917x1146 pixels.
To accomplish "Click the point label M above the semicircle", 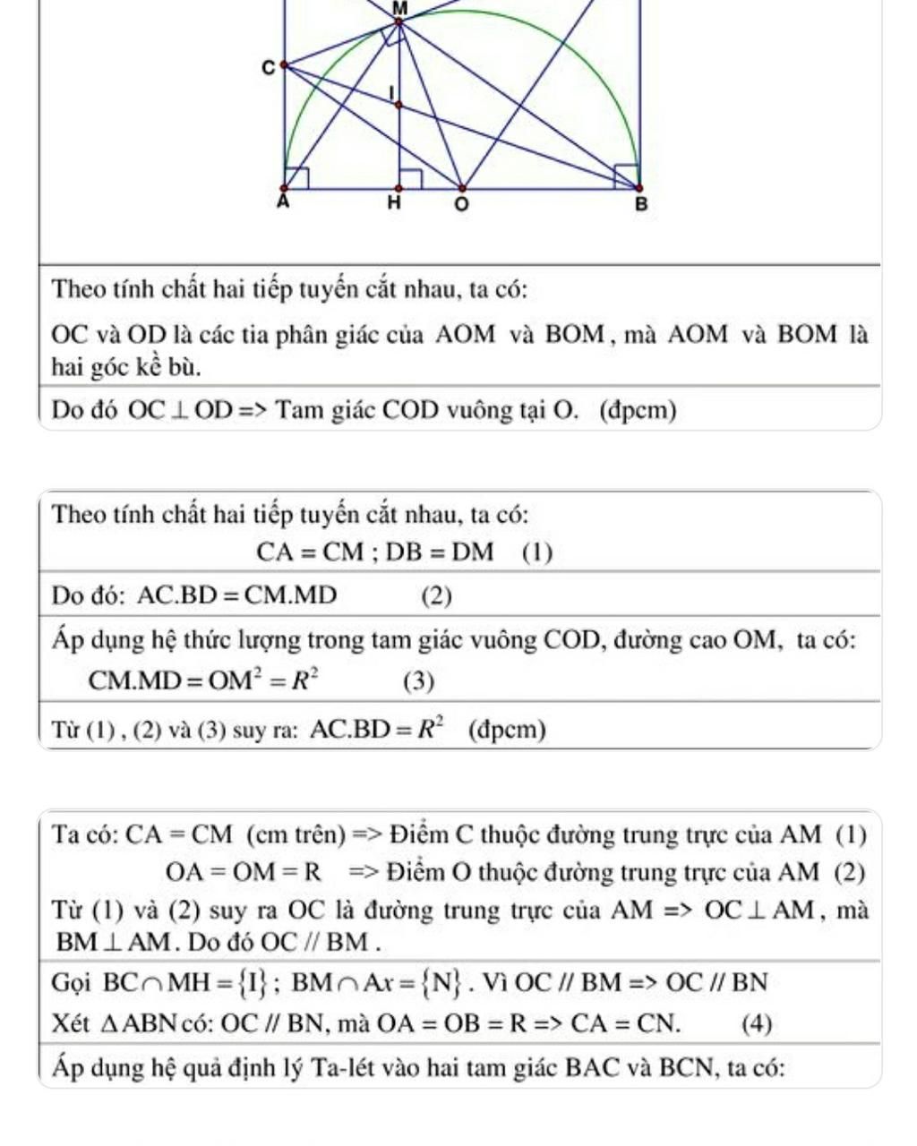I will point(399,7).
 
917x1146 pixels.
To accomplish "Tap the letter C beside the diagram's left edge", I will point(266,68).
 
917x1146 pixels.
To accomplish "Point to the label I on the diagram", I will point(391,93).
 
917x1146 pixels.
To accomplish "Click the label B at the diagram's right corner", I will point(639,205).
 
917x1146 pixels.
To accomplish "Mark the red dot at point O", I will point(462,189).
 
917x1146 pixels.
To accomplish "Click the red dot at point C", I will point(284,64).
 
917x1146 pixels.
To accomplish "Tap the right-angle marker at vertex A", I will point(297,178).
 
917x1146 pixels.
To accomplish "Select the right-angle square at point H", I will point(410,178).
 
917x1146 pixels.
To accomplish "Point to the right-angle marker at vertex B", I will point(626,176).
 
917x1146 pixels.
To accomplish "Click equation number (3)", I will point(418,683).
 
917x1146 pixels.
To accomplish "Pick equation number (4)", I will point(758,1023).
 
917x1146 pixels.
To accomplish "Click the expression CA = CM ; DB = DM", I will point(374,552).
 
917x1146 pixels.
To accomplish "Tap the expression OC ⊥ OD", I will point(179,411).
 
